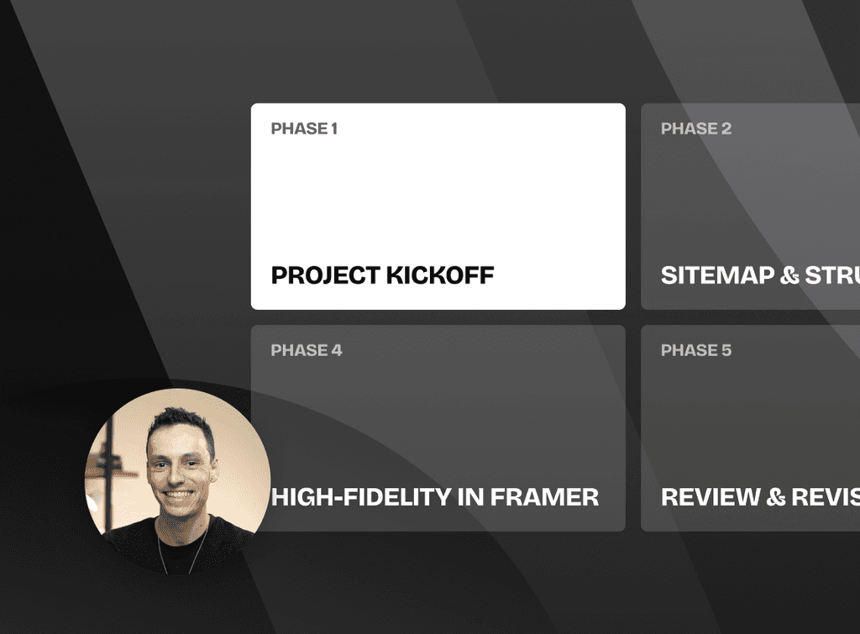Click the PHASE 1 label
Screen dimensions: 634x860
[x=304, y=128]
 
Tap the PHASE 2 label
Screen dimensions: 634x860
[x=695, y=128]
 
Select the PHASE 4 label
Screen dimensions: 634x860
[x=306, y=350]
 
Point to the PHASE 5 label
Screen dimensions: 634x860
[x=695, y=350]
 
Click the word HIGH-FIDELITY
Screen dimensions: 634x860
[x=361, y=497]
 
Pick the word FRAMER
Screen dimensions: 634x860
[x=544, y=497]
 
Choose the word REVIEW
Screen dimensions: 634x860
[x=711, y=497]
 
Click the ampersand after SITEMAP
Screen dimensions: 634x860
[x=789, y=275]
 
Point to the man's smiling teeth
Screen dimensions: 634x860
[x=179, y=495]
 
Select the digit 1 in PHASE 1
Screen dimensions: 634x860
[x=333, y=128]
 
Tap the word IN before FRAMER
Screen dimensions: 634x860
[x=470, y=497]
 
